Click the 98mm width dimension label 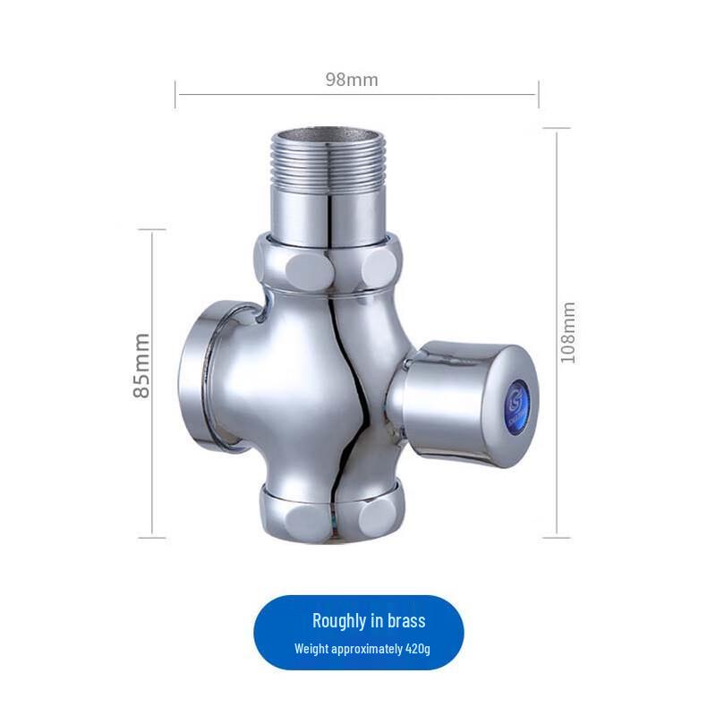[351, 80]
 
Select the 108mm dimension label [567, 331]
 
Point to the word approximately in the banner [366, 648]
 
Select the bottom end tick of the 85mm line [152, 537]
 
